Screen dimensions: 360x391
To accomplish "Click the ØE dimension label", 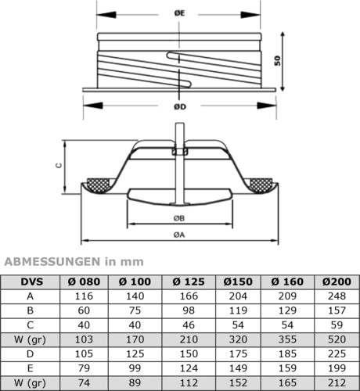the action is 179,13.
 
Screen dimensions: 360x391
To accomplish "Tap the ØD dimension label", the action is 180,107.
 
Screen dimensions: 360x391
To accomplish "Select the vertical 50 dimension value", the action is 278,61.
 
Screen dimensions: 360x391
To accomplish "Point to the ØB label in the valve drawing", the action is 179,218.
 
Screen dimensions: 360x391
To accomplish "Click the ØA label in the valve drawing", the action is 179,235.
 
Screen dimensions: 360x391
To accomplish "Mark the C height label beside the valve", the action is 59,165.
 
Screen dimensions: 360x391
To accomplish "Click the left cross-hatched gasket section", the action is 99,185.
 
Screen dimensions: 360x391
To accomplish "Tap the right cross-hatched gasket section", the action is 261,185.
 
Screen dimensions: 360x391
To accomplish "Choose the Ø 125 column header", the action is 189,282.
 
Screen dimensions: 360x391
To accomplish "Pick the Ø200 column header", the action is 337,282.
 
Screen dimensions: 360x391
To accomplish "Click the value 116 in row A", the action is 84,296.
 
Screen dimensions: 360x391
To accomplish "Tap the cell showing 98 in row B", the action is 189,310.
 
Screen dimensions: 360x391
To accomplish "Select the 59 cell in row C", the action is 337,325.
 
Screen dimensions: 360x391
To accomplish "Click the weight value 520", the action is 337,339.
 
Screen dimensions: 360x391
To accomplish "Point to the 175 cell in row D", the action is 238,354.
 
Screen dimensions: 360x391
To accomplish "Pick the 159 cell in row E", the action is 287,368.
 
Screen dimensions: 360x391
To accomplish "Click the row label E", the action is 31,368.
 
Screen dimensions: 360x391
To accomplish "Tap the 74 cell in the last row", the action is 84,383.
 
